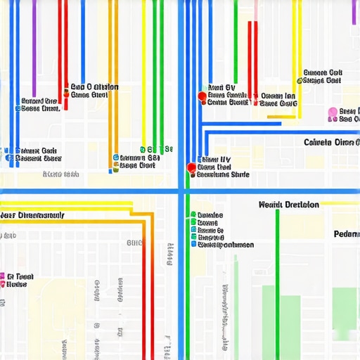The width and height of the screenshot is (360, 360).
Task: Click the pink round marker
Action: click(x=333, y=111)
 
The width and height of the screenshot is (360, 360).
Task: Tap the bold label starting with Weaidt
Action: click(x=288, y=205)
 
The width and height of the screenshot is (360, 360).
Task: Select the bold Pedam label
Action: click(x=346, y=233)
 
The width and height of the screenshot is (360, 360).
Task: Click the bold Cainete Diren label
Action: click(x=331, y=141)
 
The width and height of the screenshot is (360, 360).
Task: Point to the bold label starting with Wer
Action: click(x=32, y=214)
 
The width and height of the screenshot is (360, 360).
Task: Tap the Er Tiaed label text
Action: click(x=20, y=277)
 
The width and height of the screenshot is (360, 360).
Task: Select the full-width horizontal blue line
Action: click(x=91, y=191)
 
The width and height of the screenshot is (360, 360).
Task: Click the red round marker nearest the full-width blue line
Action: click(x=190, y=167)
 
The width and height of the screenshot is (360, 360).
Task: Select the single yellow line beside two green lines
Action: click(x=144, y=70)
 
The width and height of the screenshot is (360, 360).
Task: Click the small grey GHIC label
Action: click(x=133, y=243)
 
